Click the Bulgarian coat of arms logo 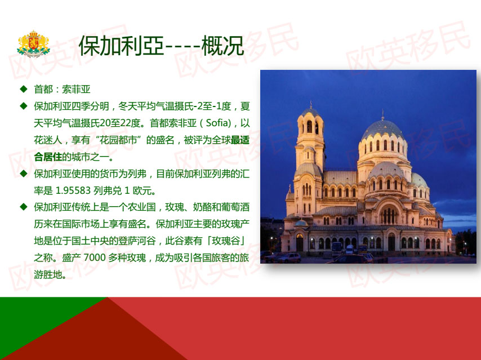[33, 44]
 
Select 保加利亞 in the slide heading [122, 46]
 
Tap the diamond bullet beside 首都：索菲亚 [24, 89]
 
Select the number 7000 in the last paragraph [95, 257]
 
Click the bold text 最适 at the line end [240, 140]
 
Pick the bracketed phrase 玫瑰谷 [226, 241]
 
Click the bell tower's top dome [310, 112]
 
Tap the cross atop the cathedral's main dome [382, 114]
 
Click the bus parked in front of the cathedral [336, 249]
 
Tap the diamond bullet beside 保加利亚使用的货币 [24, 174]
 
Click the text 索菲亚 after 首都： [77, 90]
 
